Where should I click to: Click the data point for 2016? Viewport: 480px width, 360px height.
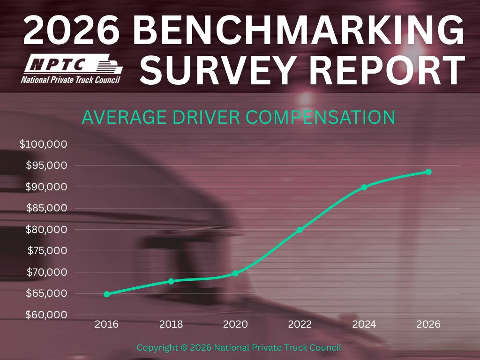click(106, 294)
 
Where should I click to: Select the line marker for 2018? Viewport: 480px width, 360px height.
click(171, 281)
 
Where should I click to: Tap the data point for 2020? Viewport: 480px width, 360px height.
click(235, 273)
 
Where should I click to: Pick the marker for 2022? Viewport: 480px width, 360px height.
click(300, 230)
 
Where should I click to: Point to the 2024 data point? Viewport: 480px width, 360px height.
click(364, 187)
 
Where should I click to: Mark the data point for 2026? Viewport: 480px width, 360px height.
click(428, 172)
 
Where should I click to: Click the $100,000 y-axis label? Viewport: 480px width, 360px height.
click(43, 144)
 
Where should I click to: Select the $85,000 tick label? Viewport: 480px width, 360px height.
click(46, 208)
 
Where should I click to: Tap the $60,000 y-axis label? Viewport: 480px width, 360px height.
click(46, 315)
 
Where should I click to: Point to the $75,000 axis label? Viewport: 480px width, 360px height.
click(47, 251)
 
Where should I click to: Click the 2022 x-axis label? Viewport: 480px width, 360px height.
click(300, 324)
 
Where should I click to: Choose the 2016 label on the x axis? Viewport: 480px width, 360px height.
click(106, 324)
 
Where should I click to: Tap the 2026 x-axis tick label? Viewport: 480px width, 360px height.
click(428, 324)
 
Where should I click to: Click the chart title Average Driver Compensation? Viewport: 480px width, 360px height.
click(239, 117)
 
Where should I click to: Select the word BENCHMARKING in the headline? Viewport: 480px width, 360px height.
click(299, 30)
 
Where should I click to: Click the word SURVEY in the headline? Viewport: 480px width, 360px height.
click(217, 70)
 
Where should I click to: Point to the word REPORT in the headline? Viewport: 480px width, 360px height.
click(387, 70)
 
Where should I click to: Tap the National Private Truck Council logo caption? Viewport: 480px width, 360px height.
click(71, 80)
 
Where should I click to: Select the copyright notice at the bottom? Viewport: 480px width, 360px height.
click(239, 348)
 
